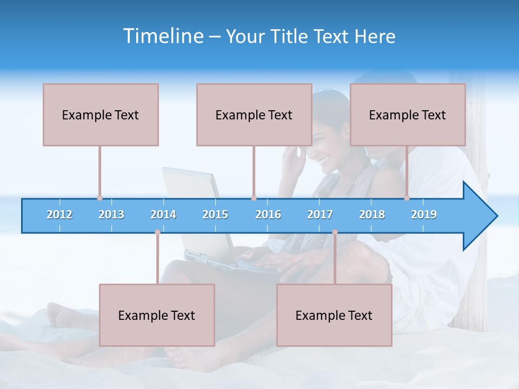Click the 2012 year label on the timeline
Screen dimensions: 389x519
[x=59, y=214]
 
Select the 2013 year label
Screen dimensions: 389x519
[x=111, y=214]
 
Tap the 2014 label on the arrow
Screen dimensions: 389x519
[x=163, y=214]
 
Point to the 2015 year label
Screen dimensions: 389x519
[x=215, y=214]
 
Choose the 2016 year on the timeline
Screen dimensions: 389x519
[x=268, y=214]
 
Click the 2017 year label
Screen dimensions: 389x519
[x=320, y=214]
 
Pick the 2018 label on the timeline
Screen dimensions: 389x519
[x=372, y=214]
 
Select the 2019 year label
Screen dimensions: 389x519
[x=424, y=214]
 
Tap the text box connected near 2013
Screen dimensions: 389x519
[x=101, y=115]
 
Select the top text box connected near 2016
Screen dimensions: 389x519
[x=254, y=115]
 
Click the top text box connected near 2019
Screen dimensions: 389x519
[x=408, y=115]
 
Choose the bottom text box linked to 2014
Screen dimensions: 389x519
[x=157, y=315]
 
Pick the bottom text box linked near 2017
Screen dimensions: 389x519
[x=334, y=315]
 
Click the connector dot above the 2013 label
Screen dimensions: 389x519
[x=99, y=198]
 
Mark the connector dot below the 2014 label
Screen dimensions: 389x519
[x=157, y=232]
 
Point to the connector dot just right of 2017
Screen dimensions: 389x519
[x=335, y=232]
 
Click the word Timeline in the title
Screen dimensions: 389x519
[x=162, y=36]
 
